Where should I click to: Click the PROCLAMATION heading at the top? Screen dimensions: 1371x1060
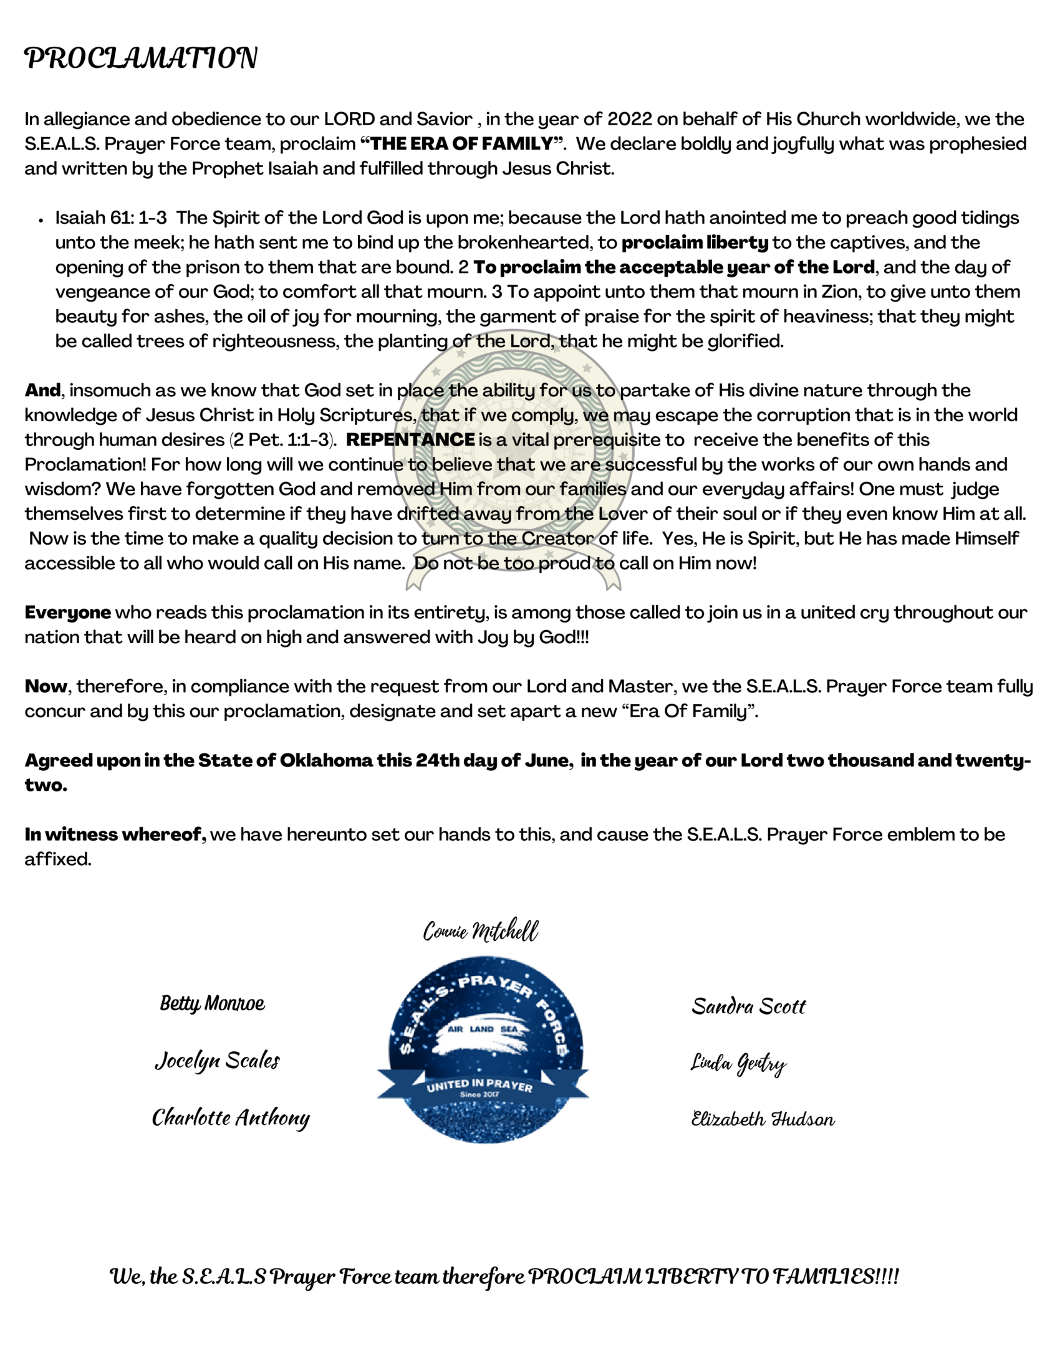(x=141, y=58)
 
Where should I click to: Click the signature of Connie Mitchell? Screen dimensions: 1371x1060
(x=480, y=931)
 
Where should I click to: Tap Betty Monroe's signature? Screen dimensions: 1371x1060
(x=212, y=1003)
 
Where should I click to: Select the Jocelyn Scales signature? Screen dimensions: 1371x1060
(x=217, y=1060)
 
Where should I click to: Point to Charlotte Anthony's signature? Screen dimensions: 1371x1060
(x=231, y=1117)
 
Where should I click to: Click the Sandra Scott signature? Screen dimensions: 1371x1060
(x=748, y=1006)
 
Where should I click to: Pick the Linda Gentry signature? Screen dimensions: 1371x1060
(x=738, y=1063)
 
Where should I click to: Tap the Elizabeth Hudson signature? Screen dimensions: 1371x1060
(x=763, y=1119)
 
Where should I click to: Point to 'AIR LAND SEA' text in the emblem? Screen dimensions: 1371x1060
(x=482, y=1029)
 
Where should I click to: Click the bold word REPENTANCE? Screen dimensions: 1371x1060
(x=410, y=439)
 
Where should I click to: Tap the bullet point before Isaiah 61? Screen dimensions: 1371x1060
(x=41, y=220)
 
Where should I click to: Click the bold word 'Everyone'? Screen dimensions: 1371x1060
(x=68, y=613)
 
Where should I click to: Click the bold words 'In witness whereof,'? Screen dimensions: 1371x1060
(x=115, y=835)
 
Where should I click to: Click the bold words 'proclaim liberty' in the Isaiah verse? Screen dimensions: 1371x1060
(x=695, y=242)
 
